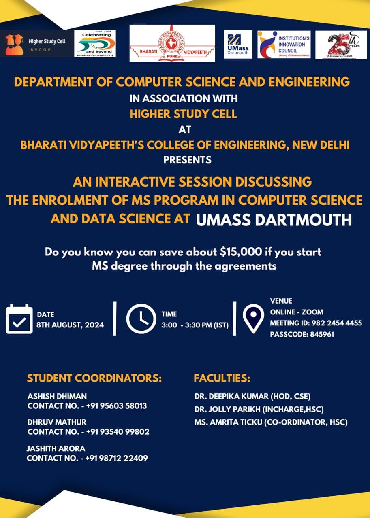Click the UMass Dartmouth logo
pyautogui.click(x=238, y=44)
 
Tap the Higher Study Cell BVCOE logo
pyautogui.click(x=36, y=44)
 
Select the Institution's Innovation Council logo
pyautogui.click(x=284, y=44)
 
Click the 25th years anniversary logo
pyautogui.click(x=341, y=45)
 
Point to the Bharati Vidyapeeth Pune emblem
pyautogui.click(x=172, y=43)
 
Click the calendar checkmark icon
pyautogui.click(x=19, y=319)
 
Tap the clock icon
pyautogui.click(x=141, y=319)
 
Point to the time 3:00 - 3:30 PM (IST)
pyautogui.click(x=195, y=325)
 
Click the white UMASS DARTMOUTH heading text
pyautogui.click(x=274, y=220)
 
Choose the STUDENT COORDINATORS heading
pyautogui.click(x=94, y=379)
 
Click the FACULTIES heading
pyautogui.click(x=222, y=379)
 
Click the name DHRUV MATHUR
pyautogui.click(x=57, y=422)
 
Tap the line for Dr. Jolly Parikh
pyautogui.click(x=259, y=409)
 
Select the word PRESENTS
pyautogui.click(x=187, y=160)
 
